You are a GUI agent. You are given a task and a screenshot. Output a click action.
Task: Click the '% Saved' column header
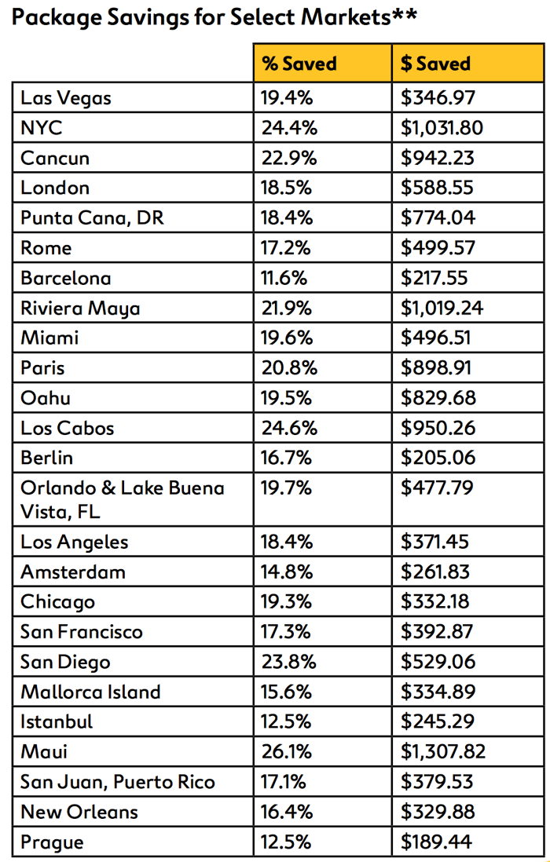pyautogui.click(x=299, y=64)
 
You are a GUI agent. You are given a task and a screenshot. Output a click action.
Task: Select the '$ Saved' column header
pyautogui.click(x=435, y=64)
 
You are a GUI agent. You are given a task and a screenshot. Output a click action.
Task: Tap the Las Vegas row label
pyautogui.click(x=66, y=99)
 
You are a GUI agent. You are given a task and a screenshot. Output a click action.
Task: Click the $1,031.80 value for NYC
pyautogui.click(x=442, y=128)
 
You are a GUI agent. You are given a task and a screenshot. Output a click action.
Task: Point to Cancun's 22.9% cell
pyautogui.click(x=289, y=159)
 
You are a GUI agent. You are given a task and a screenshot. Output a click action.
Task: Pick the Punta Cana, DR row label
pyautogui.click(x=93, y=218)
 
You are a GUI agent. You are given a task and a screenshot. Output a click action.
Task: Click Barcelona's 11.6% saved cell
pyautogui.click(x=284, y=278)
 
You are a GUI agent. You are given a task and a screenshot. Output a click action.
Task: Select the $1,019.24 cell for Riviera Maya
pyautogui.click(x=442, y=308)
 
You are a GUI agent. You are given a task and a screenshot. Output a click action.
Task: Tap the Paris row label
pyautogui.click(x=43, y=367)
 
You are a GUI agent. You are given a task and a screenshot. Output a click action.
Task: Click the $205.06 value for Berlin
pyautogui.click(x=438, y=458)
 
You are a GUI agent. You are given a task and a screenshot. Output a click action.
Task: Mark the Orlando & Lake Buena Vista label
pyautogui.click(x=123, y=500)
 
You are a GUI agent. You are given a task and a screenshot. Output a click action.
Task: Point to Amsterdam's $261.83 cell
pyautogui.click(x=435, y=572)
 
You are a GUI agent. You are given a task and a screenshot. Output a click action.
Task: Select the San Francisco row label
pyautogui.click(x=82, y=632)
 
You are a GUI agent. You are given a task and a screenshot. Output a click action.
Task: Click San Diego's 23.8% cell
pyautogui.click(x=289, y=662)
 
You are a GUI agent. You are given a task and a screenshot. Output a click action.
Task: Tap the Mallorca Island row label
pyautogui.click(x=91, y=692)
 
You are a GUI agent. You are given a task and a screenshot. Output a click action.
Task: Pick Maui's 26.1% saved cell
pyautogui.click(x=287, y=751)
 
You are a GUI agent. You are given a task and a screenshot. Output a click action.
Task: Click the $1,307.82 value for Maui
pyautogui.click(x=443, y=751)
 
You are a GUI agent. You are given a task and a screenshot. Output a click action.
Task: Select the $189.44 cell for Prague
pyautogui.click(x=436, y=842)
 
